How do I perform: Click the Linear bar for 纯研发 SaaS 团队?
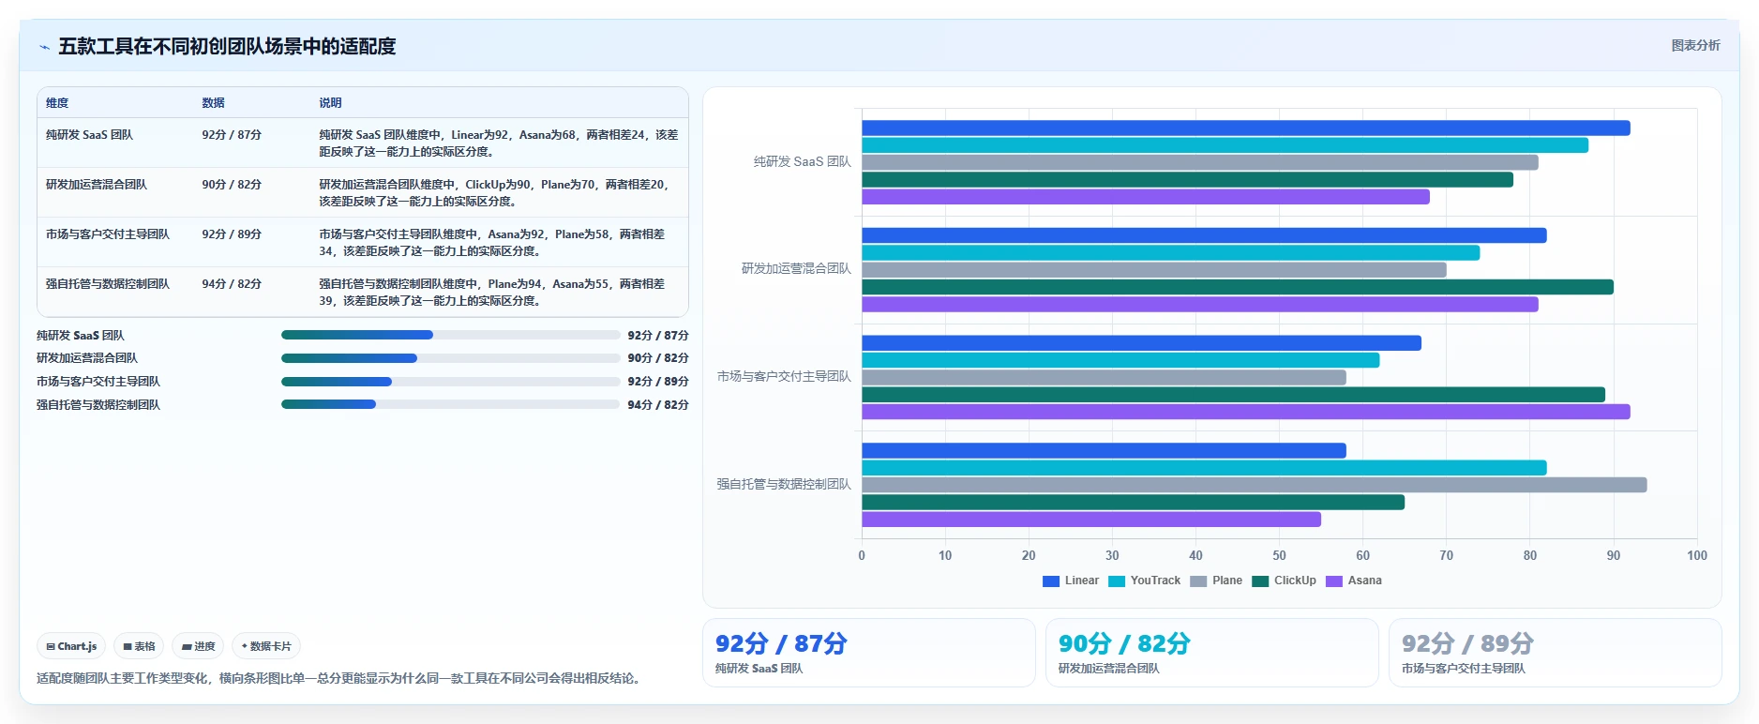click(x=1245, y=128)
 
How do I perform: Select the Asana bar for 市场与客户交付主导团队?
click(x=1245, y=412)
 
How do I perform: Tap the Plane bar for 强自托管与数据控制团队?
click(x=1254, y=485)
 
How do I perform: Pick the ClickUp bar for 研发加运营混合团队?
click(x=1237, y=287)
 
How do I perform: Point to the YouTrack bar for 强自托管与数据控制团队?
click(x=1204, y=468)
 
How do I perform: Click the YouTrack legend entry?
click(x=1144, y=581)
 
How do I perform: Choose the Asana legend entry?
click(x=1354, y=581)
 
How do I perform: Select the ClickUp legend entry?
click(x=1284, y=581)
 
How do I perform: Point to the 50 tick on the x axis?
click(x=1279, y=555)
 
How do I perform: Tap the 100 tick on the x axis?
click(x=1697, y=555)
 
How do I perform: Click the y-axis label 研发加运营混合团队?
click(x=796, y=268)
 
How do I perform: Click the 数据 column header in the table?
click(x=213, y=103)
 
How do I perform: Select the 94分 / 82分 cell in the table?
click(x=232, y=284)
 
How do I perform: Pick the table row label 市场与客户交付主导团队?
click(x=108, y=234)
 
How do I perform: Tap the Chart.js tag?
click(x=71, y=646)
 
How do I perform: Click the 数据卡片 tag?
click(x=266, y=646)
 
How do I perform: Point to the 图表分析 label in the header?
click(x=1695, y=45)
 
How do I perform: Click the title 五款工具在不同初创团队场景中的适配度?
click(x=227, y=46)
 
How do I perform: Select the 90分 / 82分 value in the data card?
click(x=1124, y=643)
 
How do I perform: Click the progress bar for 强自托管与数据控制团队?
click(x=450, y=405)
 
